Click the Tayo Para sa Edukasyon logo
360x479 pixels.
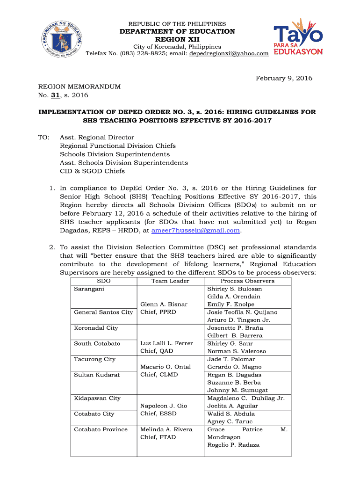298,37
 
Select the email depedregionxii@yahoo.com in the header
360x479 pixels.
229,54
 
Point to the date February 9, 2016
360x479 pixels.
284,78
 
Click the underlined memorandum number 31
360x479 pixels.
53,95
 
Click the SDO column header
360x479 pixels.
104,281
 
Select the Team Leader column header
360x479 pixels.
170,281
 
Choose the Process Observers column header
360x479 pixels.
247,281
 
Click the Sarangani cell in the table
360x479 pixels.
89,289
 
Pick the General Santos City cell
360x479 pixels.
103,312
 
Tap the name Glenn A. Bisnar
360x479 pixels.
164,305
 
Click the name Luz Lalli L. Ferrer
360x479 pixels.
166,344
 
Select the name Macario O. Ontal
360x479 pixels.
166,367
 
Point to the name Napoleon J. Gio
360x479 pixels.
164,406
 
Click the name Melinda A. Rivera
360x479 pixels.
166,429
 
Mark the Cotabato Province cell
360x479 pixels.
101,429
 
